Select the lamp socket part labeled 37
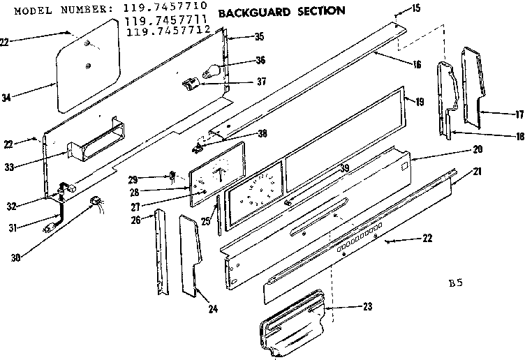[x=189, y=85]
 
